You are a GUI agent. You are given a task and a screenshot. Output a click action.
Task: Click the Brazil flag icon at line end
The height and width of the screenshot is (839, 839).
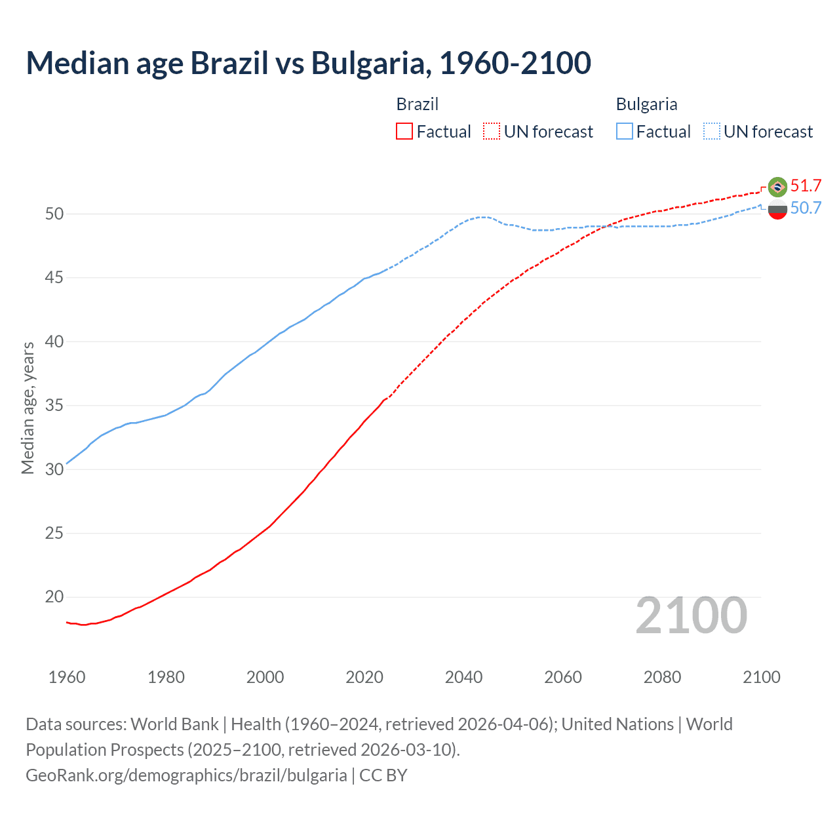point(777,187)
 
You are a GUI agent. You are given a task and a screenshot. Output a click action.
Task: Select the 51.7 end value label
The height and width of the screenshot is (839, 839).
point(806,185)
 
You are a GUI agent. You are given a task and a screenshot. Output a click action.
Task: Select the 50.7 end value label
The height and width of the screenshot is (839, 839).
point(806,208)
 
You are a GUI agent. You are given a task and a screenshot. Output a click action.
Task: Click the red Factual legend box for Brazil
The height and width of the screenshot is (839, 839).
point(404,131)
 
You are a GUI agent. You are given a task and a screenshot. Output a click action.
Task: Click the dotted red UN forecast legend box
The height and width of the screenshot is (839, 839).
point(492,131)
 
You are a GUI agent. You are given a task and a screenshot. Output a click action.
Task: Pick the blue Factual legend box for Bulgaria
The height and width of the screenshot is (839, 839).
point(625,131)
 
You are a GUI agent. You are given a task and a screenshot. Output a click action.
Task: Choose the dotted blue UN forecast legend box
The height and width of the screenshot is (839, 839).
point(712,131)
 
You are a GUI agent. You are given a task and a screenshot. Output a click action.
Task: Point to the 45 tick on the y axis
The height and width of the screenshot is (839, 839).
point(54,278)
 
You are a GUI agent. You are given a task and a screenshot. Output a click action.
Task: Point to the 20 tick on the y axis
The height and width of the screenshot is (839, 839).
point(54,597)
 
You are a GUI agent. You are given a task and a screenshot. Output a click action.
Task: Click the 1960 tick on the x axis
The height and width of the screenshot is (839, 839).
point(67,677)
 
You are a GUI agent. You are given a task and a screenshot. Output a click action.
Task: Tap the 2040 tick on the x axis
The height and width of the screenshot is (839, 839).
point(463,677)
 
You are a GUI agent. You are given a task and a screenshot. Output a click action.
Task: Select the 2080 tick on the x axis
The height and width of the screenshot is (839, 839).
point(662,677)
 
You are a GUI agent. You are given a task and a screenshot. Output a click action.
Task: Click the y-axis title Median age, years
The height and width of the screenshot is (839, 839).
point(28,408)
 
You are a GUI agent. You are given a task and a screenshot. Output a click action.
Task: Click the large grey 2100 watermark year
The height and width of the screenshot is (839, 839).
point(691,615)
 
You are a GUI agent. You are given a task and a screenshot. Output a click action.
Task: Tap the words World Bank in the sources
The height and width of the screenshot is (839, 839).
point(174,724)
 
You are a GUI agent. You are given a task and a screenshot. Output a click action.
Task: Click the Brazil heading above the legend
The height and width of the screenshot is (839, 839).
point(417,104)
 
